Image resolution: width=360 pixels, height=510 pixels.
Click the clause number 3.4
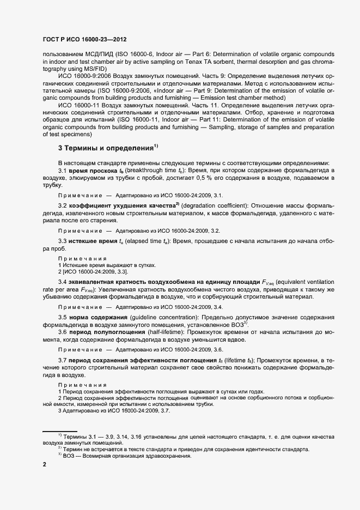pos(63,281)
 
